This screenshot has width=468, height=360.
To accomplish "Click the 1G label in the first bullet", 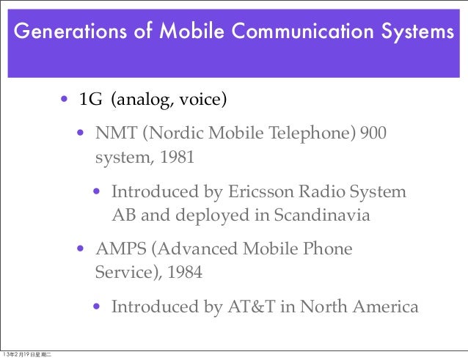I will pos(90,99).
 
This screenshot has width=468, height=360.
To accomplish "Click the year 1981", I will pos(176,157).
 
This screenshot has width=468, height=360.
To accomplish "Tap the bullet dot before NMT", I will pos(83,134).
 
